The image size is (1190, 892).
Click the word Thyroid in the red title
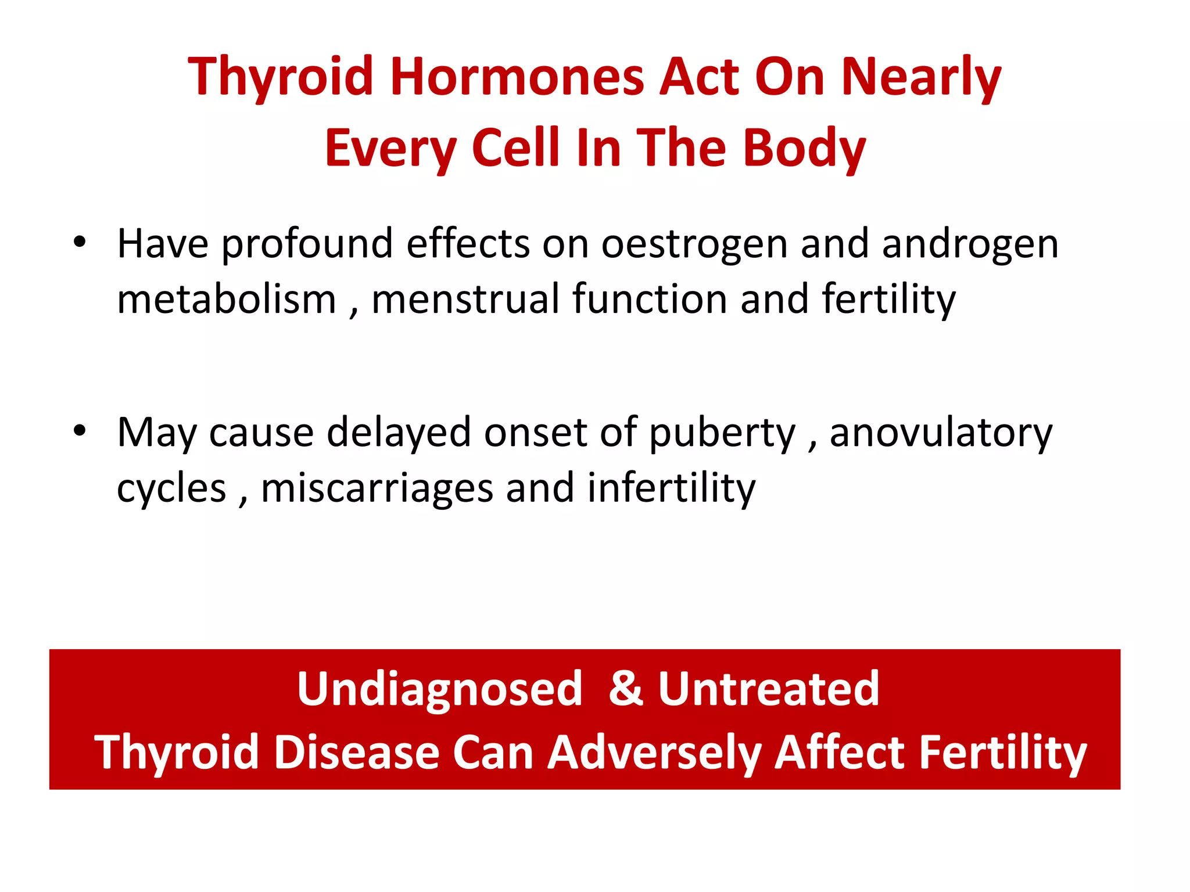[x=281, y=77]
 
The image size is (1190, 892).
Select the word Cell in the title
[x=516, y=148]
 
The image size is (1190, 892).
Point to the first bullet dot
[x=80, y=241]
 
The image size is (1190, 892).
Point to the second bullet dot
[x=80, y=430]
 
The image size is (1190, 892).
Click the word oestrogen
[x=694, y=244]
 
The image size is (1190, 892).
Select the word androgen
[x=970, y=244]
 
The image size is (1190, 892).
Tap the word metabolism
[x=227, y=299]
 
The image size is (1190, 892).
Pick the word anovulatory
[x=941, y=433]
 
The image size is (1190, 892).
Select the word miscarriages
[x=377, y=488]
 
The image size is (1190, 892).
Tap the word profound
[x=307, y=244]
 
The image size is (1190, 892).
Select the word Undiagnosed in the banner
[x=439, y=689]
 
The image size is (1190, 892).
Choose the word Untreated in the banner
[x=768, y=689]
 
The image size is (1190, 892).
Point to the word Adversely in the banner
[x=654, y=753]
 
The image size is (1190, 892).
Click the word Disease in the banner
[x=356, y=753]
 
